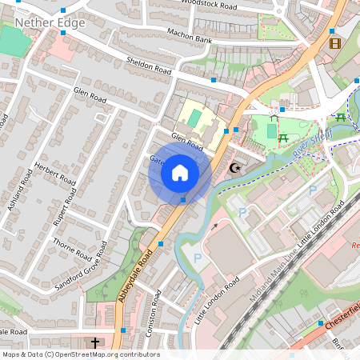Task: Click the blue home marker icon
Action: tap(180, 173)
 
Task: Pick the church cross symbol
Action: tap(95, 342)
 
